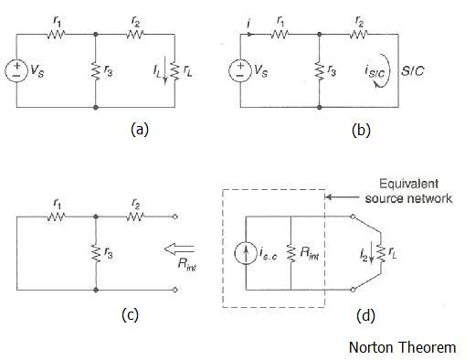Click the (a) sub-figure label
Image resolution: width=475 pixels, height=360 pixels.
tap(138, 130)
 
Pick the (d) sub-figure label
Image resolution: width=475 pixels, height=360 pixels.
tap(363, 316)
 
